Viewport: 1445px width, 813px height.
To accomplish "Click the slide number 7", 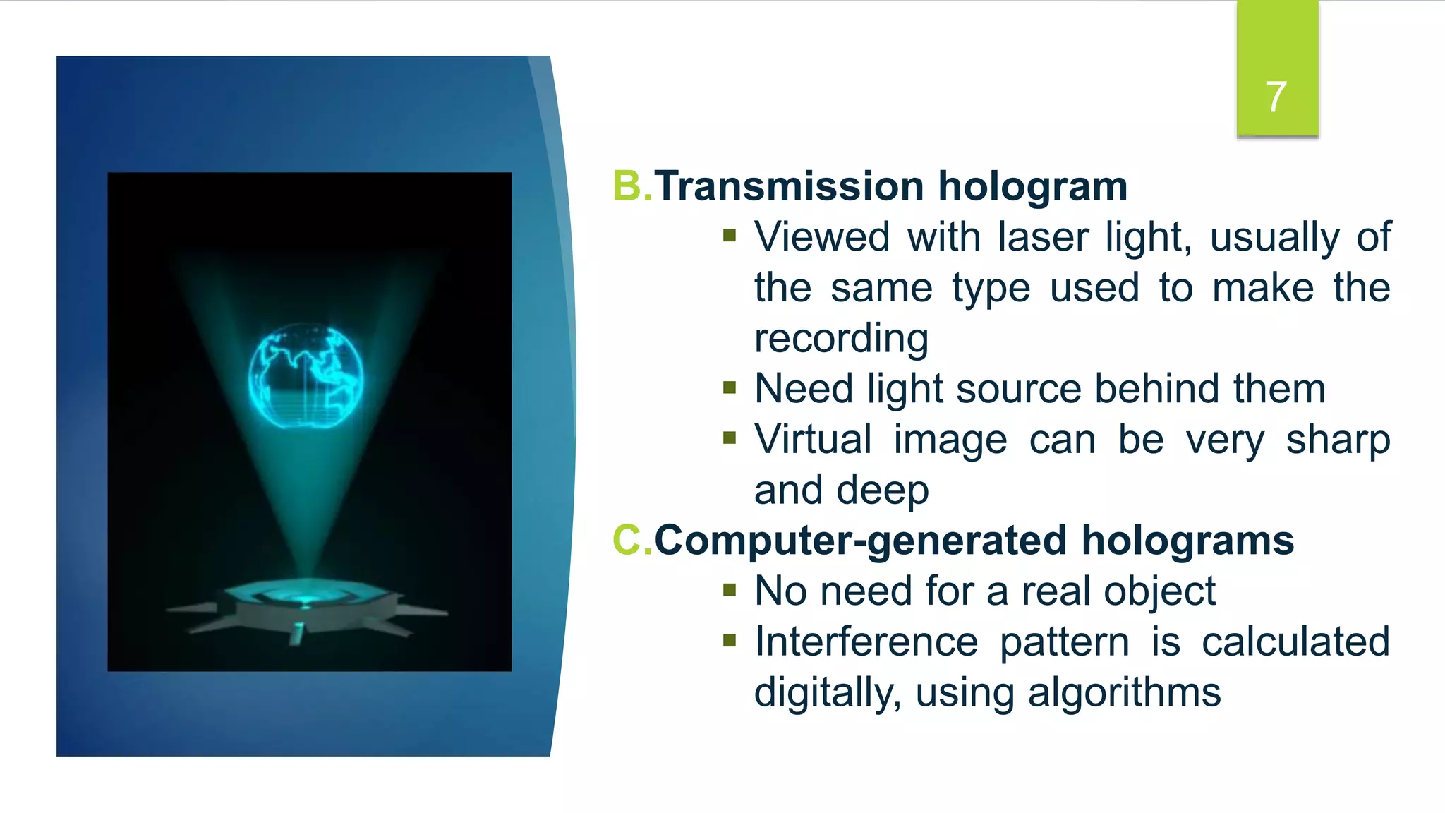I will click(1276, 96).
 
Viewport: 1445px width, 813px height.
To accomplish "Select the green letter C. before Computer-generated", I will click(631, 541).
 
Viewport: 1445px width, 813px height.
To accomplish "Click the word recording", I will click(841, 338).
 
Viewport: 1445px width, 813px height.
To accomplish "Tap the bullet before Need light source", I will click(730, 387).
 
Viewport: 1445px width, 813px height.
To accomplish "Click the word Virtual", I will click(813, 439).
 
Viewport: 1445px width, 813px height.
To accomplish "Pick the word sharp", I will click(1337, 440).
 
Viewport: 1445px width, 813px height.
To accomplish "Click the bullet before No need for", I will click(730, 590).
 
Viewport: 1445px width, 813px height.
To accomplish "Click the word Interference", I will click(866, 642).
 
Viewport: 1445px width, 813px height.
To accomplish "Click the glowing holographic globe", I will click(306, 376).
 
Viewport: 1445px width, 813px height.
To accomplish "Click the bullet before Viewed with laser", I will click(730, 236).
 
